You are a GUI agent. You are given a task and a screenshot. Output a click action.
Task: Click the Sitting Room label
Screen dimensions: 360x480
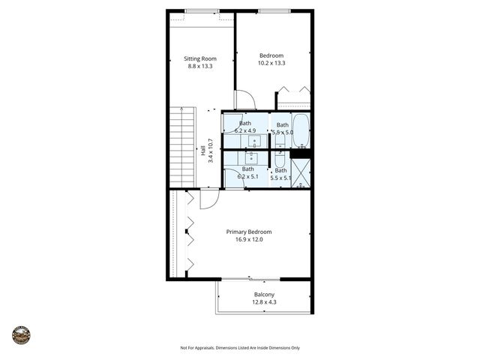[200, 58]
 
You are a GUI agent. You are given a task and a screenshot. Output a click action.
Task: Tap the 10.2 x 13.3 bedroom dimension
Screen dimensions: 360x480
[271, 64]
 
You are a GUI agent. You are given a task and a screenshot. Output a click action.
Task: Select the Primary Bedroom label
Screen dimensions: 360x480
[249, 232]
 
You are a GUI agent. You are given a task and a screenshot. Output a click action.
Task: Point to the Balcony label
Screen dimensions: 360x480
[264, 295]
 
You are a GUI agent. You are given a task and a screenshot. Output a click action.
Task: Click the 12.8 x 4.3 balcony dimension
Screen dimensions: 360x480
[264, 302]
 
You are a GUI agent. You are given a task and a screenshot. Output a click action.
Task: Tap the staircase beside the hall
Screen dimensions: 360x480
[182, 147]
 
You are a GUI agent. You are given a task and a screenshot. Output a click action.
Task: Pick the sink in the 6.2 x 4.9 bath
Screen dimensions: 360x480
[255, 139]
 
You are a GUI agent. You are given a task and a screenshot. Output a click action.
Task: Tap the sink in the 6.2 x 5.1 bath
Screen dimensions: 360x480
[251, 157]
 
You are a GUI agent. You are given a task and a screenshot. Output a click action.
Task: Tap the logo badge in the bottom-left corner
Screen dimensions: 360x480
[21, 334]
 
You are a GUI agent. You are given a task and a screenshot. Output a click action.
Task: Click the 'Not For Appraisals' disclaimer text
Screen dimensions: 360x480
[240, 348]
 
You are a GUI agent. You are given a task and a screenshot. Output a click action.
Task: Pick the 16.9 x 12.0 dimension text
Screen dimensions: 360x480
[249, 240]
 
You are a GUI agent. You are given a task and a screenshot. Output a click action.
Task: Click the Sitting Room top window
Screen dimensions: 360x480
[202, 10]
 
